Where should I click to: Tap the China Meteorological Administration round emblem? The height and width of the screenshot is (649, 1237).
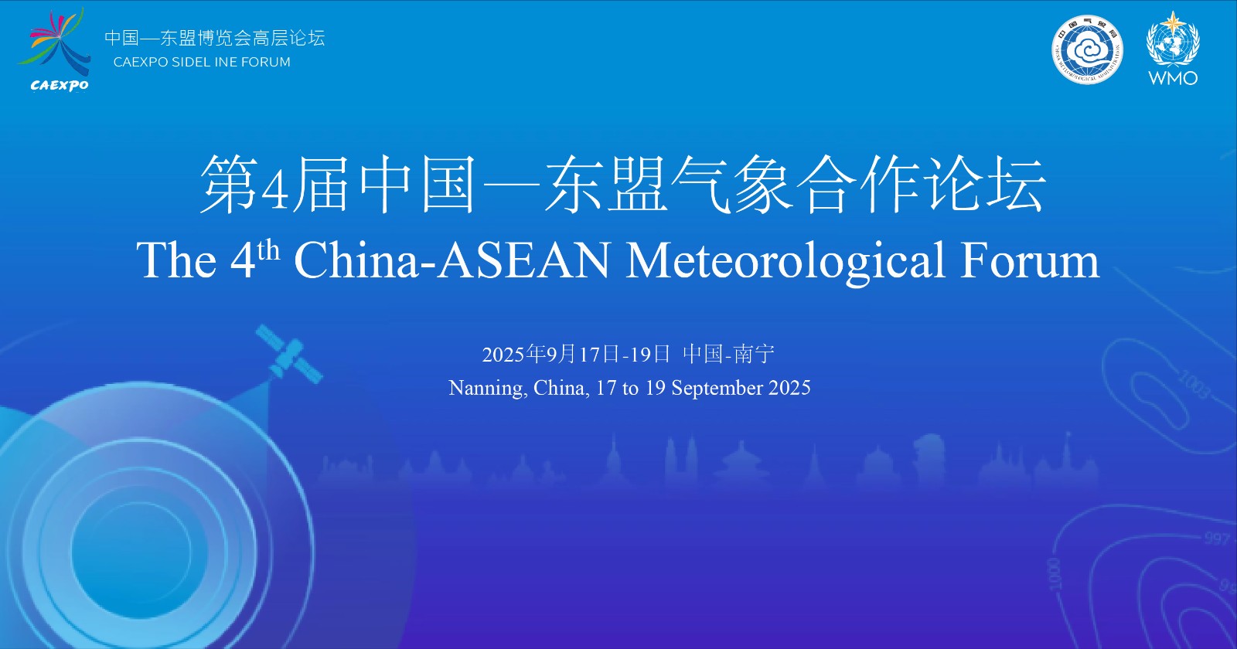(x=1087, y=50)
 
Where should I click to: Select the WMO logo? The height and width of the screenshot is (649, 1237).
(x=1173, y=49)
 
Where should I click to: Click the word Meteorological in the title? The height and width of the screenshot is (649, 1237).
(x=784, y=260)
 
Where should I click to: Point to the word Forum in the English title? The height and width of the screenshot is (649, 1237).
(x=1030, y=260)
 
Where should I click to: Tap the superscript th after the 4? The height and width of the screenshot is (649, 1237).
(x=268, y=250)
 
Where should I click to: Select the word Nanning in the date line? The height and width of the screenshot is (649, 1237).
(x=486, y=388)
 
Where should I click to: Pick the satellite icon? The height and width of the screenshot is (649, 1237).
(x=289, y=354)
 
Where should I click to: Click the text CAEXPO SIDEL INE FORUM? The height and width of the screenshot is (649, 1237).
(x=202, y=62)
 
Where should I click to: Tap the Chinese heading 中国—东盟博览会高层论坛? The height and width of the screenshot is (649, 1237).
(x=215, y=38)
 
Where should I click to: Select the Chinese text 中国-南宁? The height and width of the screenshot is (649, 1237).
(x=728, y=354)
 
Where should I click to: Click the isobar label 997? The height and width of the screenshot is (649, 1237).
(x=1217, y=538)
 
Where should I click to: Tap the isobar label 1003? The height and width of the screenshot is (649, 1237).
(x=1194, y=384)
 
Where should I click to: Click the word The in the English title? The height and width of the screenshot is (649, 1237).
(x=177, y=260)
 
